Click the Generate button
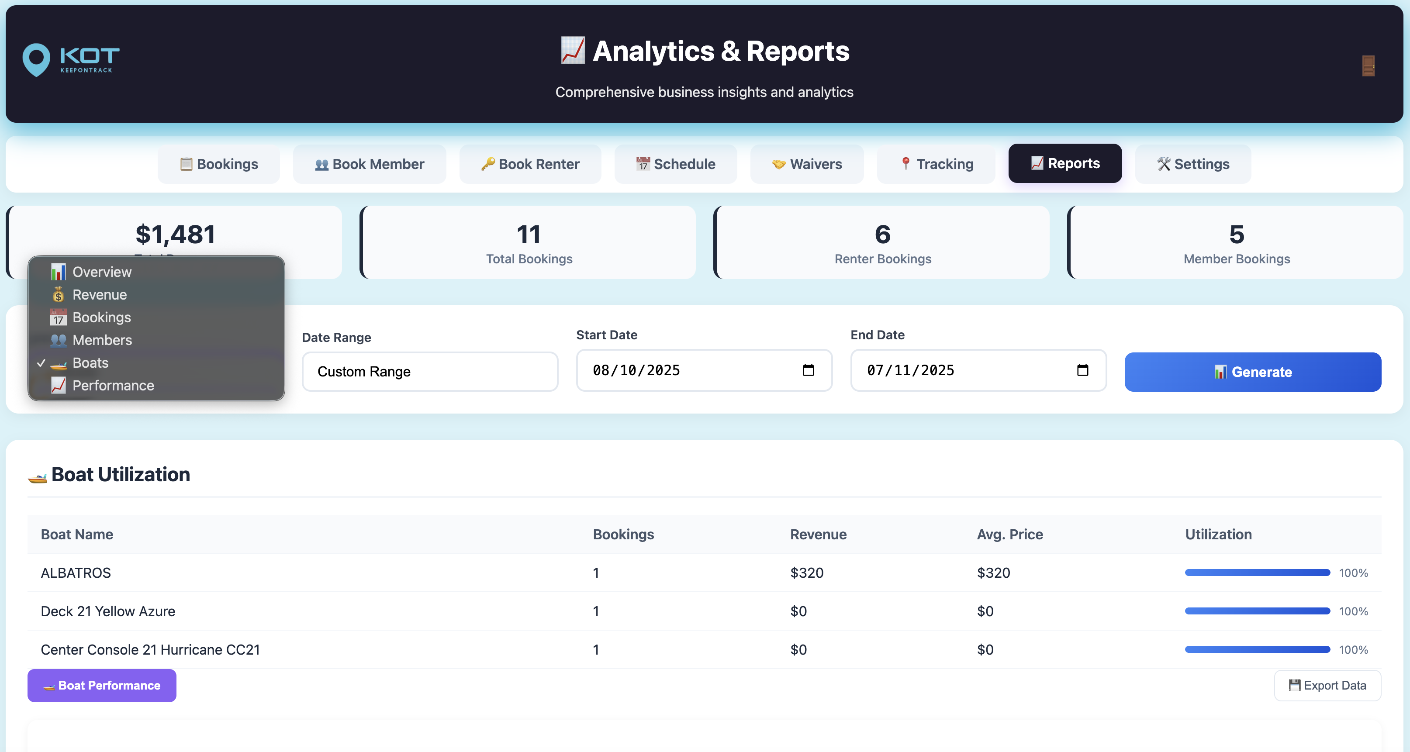tap(1252, 372)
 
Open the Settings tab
tap(1193, 164)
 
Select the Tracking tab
tap(937, 164)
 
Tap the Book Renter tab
tap(530, 164)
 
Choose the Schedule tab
tap(675, 164)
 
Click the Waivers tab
tap(807, 164)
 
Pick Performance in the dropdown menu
tap(113, 385)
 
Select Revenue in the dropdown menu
tap(100, 294)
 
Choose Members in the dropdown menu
tap(102, 340)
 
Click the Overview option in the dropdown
tap(102, 272)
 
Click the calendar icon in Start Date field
tap(808, 370)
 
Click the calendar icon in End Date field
tap(1082, 370)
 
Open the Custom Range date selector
tap(430, 372)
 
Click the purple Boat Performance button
tap(102, 685)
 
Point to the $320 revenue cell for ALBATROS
tap(806, 573)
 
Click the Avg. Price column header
tap(1009, 534)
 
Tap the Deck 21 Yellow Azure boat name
tap(108, 611)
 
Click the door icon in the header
tap(1368, 66)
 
